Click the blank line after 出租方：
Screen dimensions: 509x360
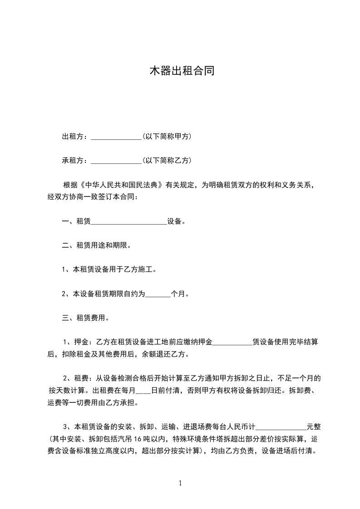point(117,137)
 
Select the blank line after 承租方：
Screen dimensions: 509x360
point(117,161)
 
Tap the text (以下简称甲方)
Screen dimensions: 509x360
point(167,136)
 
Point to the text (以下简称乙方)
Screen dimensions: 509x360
point(167,160)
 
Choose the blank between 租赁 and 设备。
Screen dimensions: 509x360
point(129,222)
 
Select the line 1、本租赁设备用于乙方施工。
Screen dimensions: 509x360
point(109,269)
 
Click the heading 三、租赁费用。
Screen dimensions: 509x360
point(85,318)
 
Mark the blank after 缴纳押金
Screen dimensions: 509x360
point(232,342)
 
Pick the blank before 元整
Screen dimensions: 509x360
point(282,427)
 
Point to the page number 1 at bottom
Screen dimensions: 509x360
point(180,483)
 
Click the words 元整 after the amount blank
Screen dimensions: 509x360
point(314,426)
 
